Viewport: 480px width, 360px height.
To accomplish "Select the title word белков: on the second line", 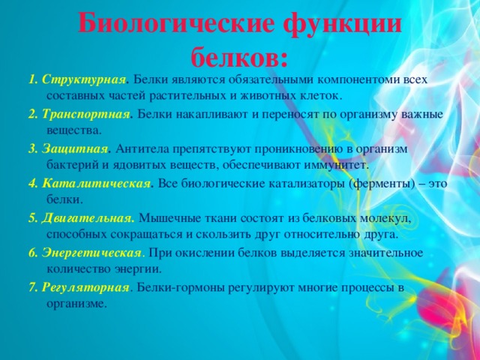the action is pyautogui.click(x=240, y=56).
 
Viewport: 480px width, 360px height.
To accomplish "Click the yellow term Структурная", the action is pyautogui.click(x=84, y=80).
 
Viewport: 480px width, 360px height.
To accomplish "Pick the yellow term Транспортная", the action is pyautogui.click(x=86, y=115).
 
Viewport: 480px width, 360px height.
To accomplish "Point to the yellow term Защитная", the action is pyautogui.click(x=75, y=149).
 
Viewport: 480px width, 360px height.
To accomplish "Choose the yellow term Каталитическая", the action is pyautogui.click(x=97, y=184).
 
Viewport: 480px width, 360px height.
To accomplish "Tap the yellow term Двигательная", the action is pyautogui.click(x=87, y=218).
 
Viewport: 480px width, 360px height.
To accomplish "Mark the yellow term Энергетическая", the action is pyautogui.click(x=91, y=253).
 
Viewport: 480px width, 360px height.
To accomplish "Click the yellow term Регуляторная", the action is pyautogui.click(x=85, y=288).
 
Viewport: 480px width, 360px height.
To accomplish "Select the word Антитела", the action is pyautogui.click(x=142, y=149).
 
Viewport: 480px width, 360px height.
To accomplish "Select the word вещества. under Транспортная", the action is pyautogui.click(x=73, y=131).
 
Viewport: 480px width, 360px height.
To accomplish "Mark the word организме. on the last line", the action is pyautogui.click(x=76, y=304).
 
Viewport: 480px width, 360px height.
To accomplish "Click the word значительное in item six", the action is pyautogui.click(x=386, y=253).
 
